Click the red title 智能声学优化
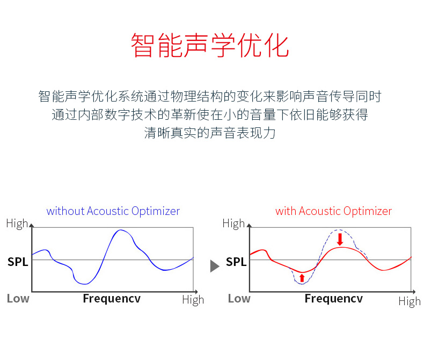pyautogui.click(x=210, y=46)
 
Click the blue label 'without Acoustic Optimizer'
pyautogui.click(x=113, y=211)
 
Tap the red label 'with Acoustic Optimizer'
pyautogui.click(x=333, y=211)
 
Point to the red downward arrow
pyautogui.click(x=340, y=239)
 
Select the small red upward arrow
pyautogui.click(x=302, y=278)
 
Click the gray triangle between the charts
pyautogui.click(x=215, y=266)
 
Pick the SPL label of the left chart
pyautogui.click(x=18, y=262)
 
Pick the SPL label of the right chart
pyautogui.click(x=236, y=262)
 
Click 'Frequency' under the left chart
pyautogui.click(x=112, y=299)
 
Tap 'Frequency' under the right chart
pyautogui.click(x=333, y=299)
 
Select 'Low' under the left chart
pyautogui.click(x=18, y=299)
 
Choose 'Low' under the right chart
pyautogui.click(x=239, y=299)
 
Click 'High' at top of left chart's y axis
pyautogui.click(x=17, y=224)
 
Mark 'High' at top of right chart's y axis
pyautogui.click(x=233, y=224)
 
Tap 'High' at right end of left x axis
pyautogui.click(x=193, y=300)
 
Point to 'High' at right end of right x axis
pyautogui.click(x=410, y=301)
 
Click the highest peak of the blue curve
pyautogui.click(x=120, y=230)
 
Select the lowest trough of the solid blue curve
pyautogui.click(x=84, y=284)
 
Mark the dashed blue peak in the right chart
pyautogui.click(x=339, y=230)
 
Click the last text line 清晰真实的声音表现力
pyautogui.click(x=210, y=133)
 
